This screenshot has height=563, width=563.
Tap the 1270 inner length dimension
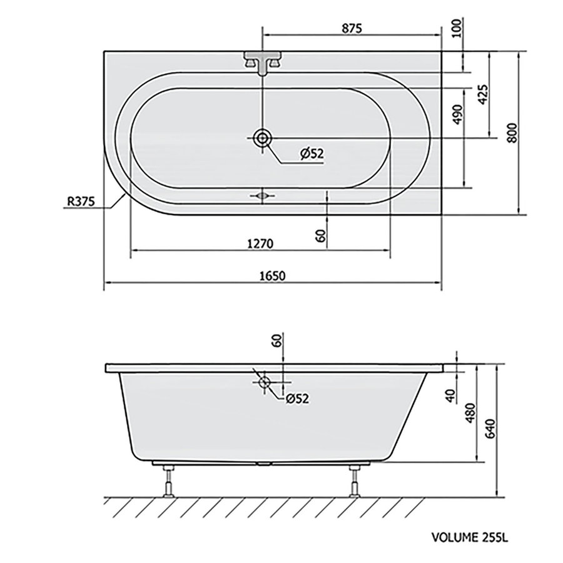pos(258,243)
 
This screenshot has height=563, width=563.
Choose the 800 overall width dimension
pos(513,133)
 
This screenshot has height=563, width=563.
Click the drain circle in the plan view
pos(262,138)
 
